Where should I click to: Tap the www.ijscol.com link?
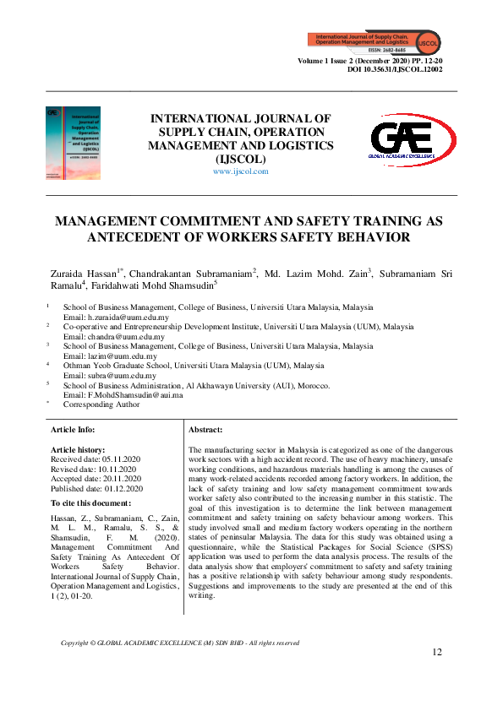click(240, 171)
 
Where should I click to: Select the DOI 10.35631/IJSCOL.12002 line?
click(402, 71)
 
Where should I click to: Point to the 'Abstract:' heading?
click(205, 430)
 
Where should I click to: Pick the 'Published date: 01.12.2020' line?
click(97, 488)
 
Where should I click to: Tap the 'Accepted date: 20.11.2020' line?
click(97, 479)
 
